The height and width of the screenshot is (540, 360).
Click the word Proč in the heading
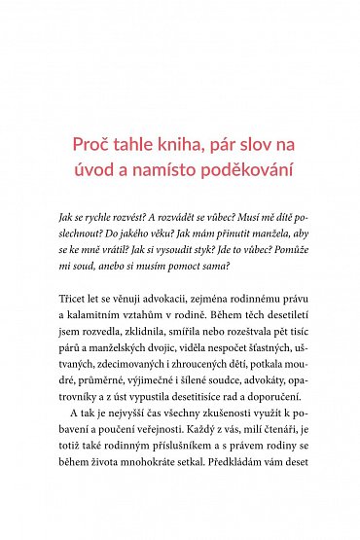(92, 145)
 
